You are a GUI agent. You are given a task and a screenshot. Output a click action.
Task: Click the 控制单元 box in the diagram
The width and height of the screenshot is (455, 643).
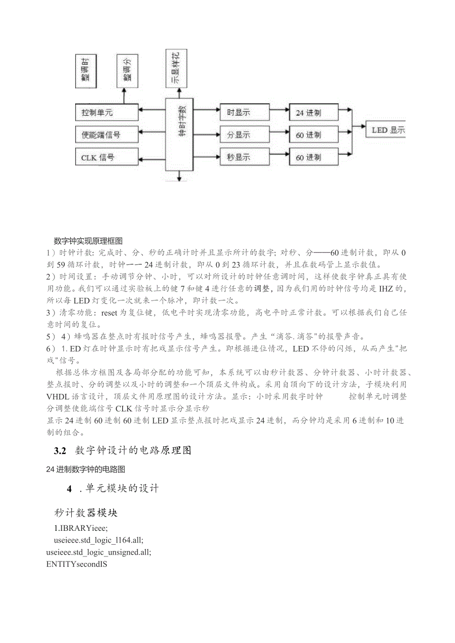(106, 112)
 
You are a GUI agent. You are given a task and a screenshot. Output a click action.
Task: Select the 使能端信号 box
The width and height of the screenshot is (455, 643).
(106, 134)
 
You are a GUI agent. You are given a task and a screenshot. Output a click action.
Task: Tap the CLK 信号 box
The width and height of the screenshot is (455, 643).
(106, 157)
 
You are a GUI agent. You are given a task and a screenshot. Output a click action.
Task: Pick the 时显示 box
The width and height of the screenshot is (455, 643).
(244, 112)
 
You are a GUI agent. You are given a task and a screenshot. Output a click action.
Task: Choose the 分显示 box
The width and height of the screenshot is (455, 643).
(244, 134)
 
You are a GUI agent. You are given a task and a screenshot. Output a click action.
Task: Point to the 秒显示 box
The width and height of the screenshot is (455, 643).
(244, 157)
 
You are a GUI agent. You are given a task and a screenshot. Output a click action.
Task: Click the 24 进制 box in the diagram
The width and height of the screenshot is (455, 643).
(314, 112)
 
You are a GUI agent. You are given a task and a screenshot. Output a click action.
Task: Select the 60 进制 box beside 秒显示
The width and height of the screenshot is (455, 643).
(314, 157)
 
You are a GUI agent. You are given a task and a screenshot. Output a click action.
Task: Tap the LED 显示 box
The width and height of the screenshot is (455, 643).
(385, 130)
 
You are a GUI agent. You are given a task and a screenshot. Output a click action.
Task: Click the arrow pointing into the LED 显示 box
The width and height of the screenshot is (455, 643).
(360, 130)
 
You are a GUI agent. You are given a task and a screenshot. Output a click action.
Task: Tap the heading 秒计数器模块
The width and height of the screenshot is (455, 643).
(86, 513)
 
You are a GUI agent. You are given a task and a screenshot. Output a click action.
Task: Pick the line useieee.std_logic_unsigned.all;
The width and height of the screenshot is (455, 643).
(98, 552)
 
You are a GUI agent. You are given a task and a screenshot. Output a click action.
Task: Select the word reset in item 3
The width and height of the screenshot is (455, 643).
(109, 312)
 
